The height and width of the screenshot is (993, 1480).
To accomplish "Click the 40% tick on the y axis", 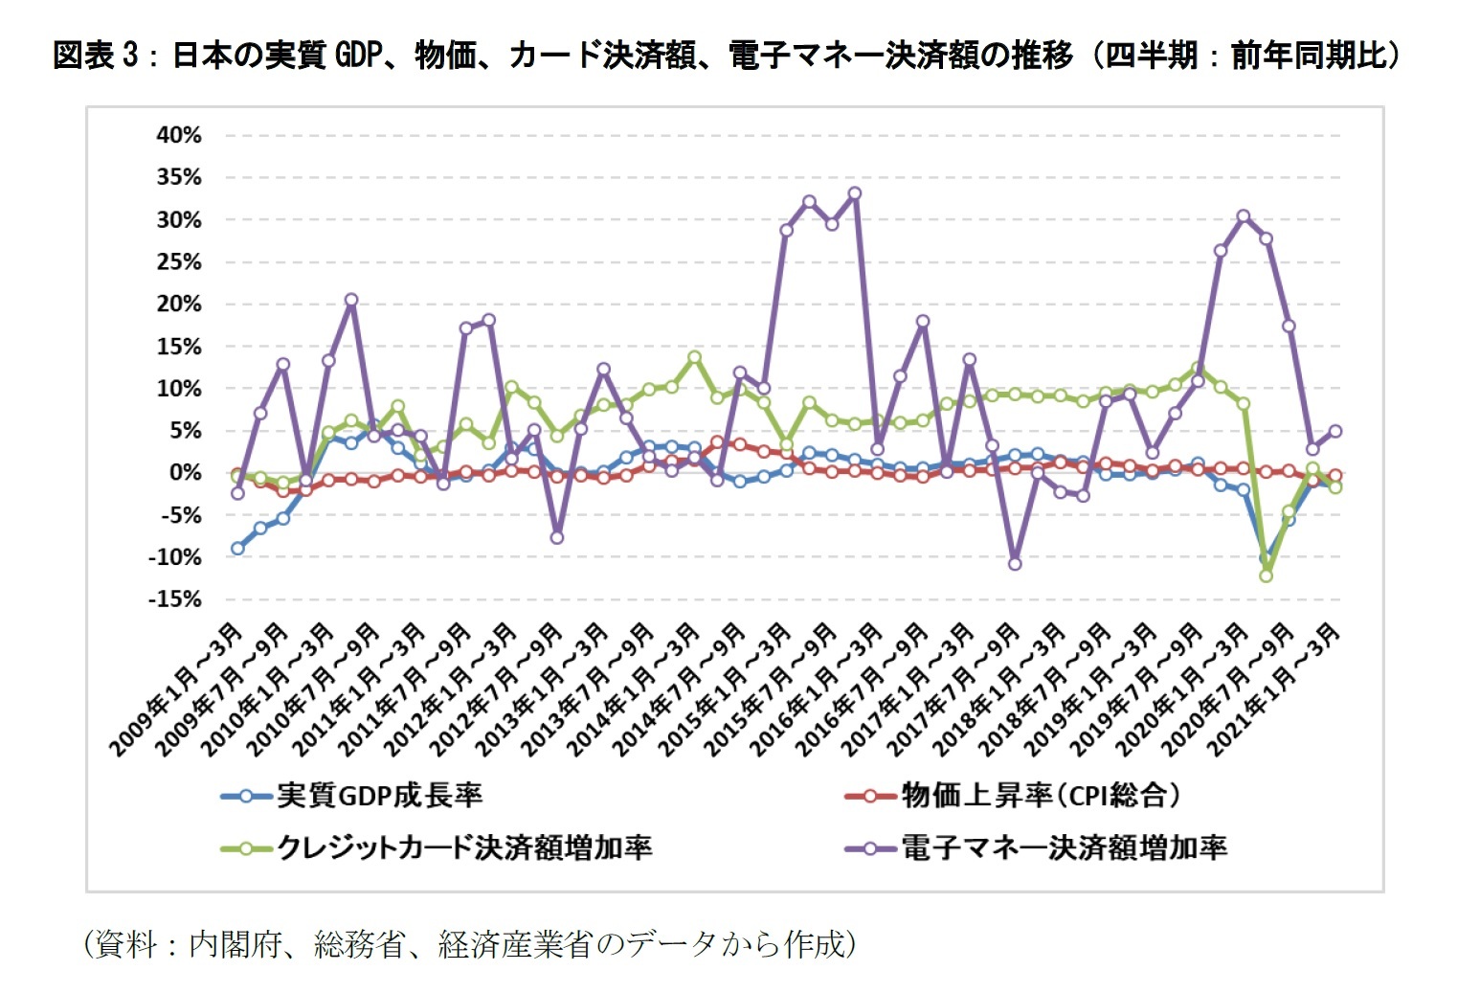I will point(179,136).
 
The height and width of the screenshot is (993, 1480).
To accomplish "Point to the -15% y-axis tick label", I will point(174,599).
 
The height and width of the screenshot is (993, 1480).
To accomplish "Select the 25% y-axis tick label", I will point(179,262).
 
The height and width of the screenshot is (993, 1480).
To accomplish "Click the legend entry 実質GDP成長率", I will point(379,795).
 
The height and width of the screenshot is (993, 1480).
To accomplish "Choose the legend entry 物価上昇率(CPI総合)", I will point(1040,795).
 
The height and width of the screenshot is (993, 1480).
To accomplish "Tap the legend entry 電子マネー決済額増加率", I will point(1064,847).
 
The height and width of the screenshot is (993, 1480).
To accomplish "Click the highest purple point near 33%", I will point(855,193).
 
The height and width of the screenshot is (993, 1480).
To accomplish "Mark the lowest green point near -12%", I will point(1267,575).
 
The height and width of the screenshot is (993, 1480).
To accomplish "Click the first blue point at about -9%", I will point(237,549).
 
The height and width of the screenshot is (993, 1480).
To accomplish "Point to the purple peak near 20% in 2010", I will point(351,300).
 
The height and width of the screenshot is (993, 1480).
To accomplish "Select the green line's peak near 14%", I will point(695,357).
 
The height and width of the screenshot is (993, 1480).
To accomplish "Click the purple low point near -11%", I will point(1015,564).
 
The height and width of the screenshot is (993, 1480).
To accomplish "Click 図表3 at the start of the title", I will point(96,56).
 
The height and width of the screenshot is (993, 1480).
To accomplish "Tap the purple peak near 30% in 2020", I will point(1244,216).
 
